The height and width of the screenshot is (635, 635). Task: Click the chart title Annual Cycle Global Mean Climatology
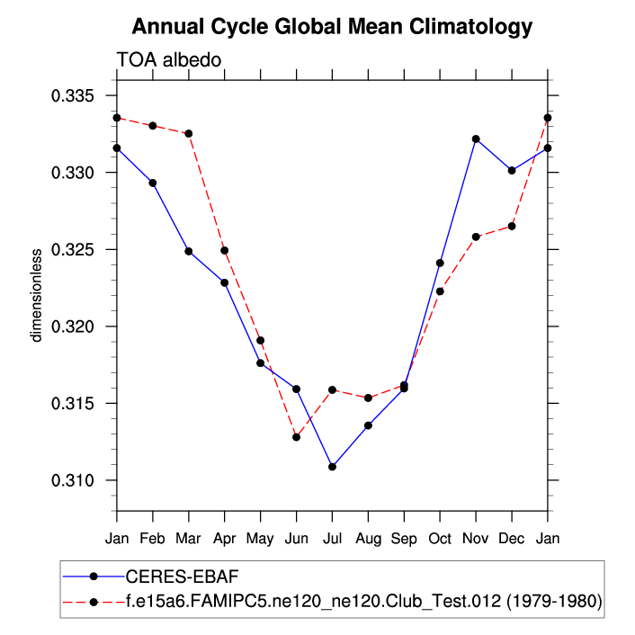[332, 27]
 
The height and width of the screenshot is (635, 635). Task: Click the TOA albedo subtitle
[169, 60]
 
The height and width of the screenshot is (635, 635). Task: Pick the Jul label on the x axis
[332, 540]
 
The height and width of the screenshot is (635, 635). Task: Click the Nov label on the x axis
[476, 540]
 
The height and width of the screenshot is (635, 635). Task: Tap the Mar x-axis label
[188, 540]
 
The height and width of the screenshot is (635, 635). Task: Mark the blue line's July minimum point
[332, 467]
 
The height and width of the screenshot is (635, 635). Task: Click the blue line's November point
[476, 139]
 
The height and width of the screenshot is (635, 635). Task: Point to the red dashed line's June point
[296, 437]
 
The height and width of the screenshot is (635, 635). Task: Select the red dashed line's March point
[188, 133]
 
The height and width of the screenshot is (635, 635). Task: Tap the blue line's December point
[512, 170]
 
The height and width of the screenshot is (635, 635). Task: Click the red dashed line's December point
[512, 226]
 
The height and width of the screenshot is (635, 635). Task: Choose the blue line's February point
[152, 183]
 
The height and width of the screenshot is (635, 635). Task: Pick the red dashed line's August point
[368, 398]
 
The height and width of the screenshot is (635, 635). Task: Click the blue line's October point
[440, 263]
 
